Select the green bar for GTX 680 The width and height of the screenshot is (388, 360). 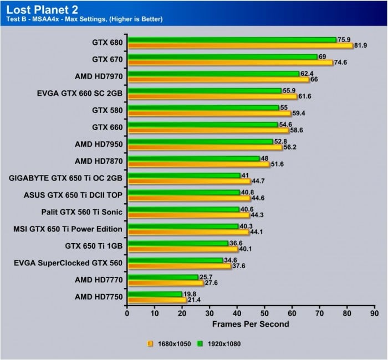coord(232,40)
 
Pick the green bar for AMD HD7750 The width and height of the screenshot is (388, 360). coord(155,294)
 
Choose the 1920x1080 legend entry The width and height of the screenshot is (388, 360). coord(223,343)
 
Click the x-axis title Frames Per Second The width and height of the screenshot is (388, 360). coord(251,324)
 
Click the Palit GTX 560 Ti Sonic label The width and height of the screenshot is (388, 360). coord(82,211)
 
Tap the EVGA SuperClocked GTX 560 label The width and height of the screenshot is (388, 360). coord(68,263)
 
